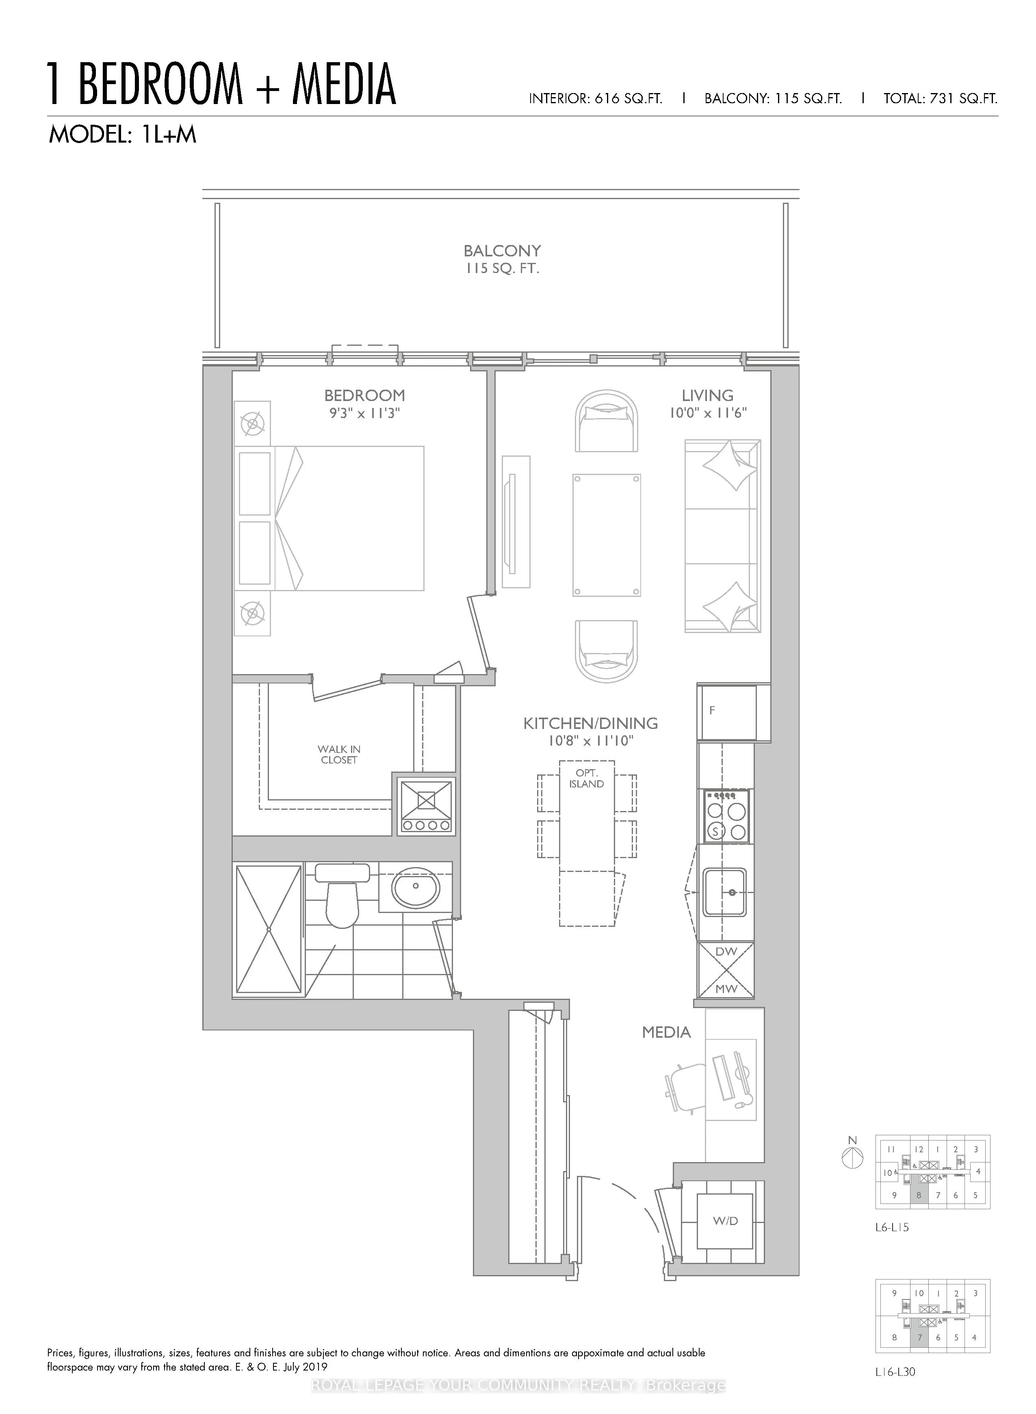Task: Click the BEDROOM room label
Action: point(364,396)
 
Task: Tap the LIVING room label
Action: point(707,396)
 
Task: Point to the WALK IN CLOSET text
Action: point(339,755)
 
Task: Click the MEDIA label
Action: point(666,1032)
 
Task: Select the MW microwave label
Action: point(726,989)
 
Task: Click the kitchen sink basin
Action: point(724,891)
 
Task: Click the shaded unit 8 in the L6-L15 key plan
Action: point(919,1195)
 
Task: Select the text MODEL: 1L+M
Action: point(123,135)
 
